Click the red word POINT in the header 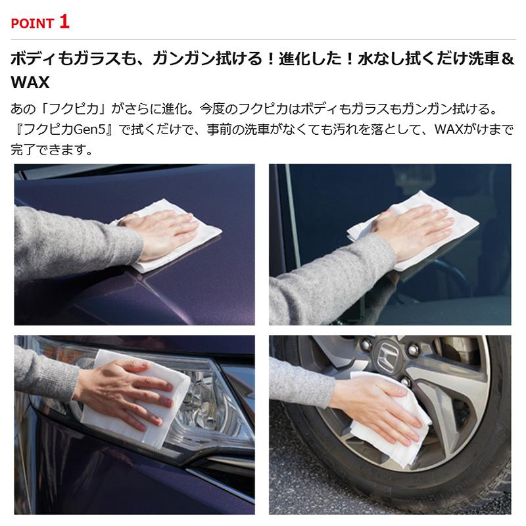32,24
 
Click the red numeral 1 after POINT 64,22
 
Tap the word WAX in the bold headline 30,84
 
